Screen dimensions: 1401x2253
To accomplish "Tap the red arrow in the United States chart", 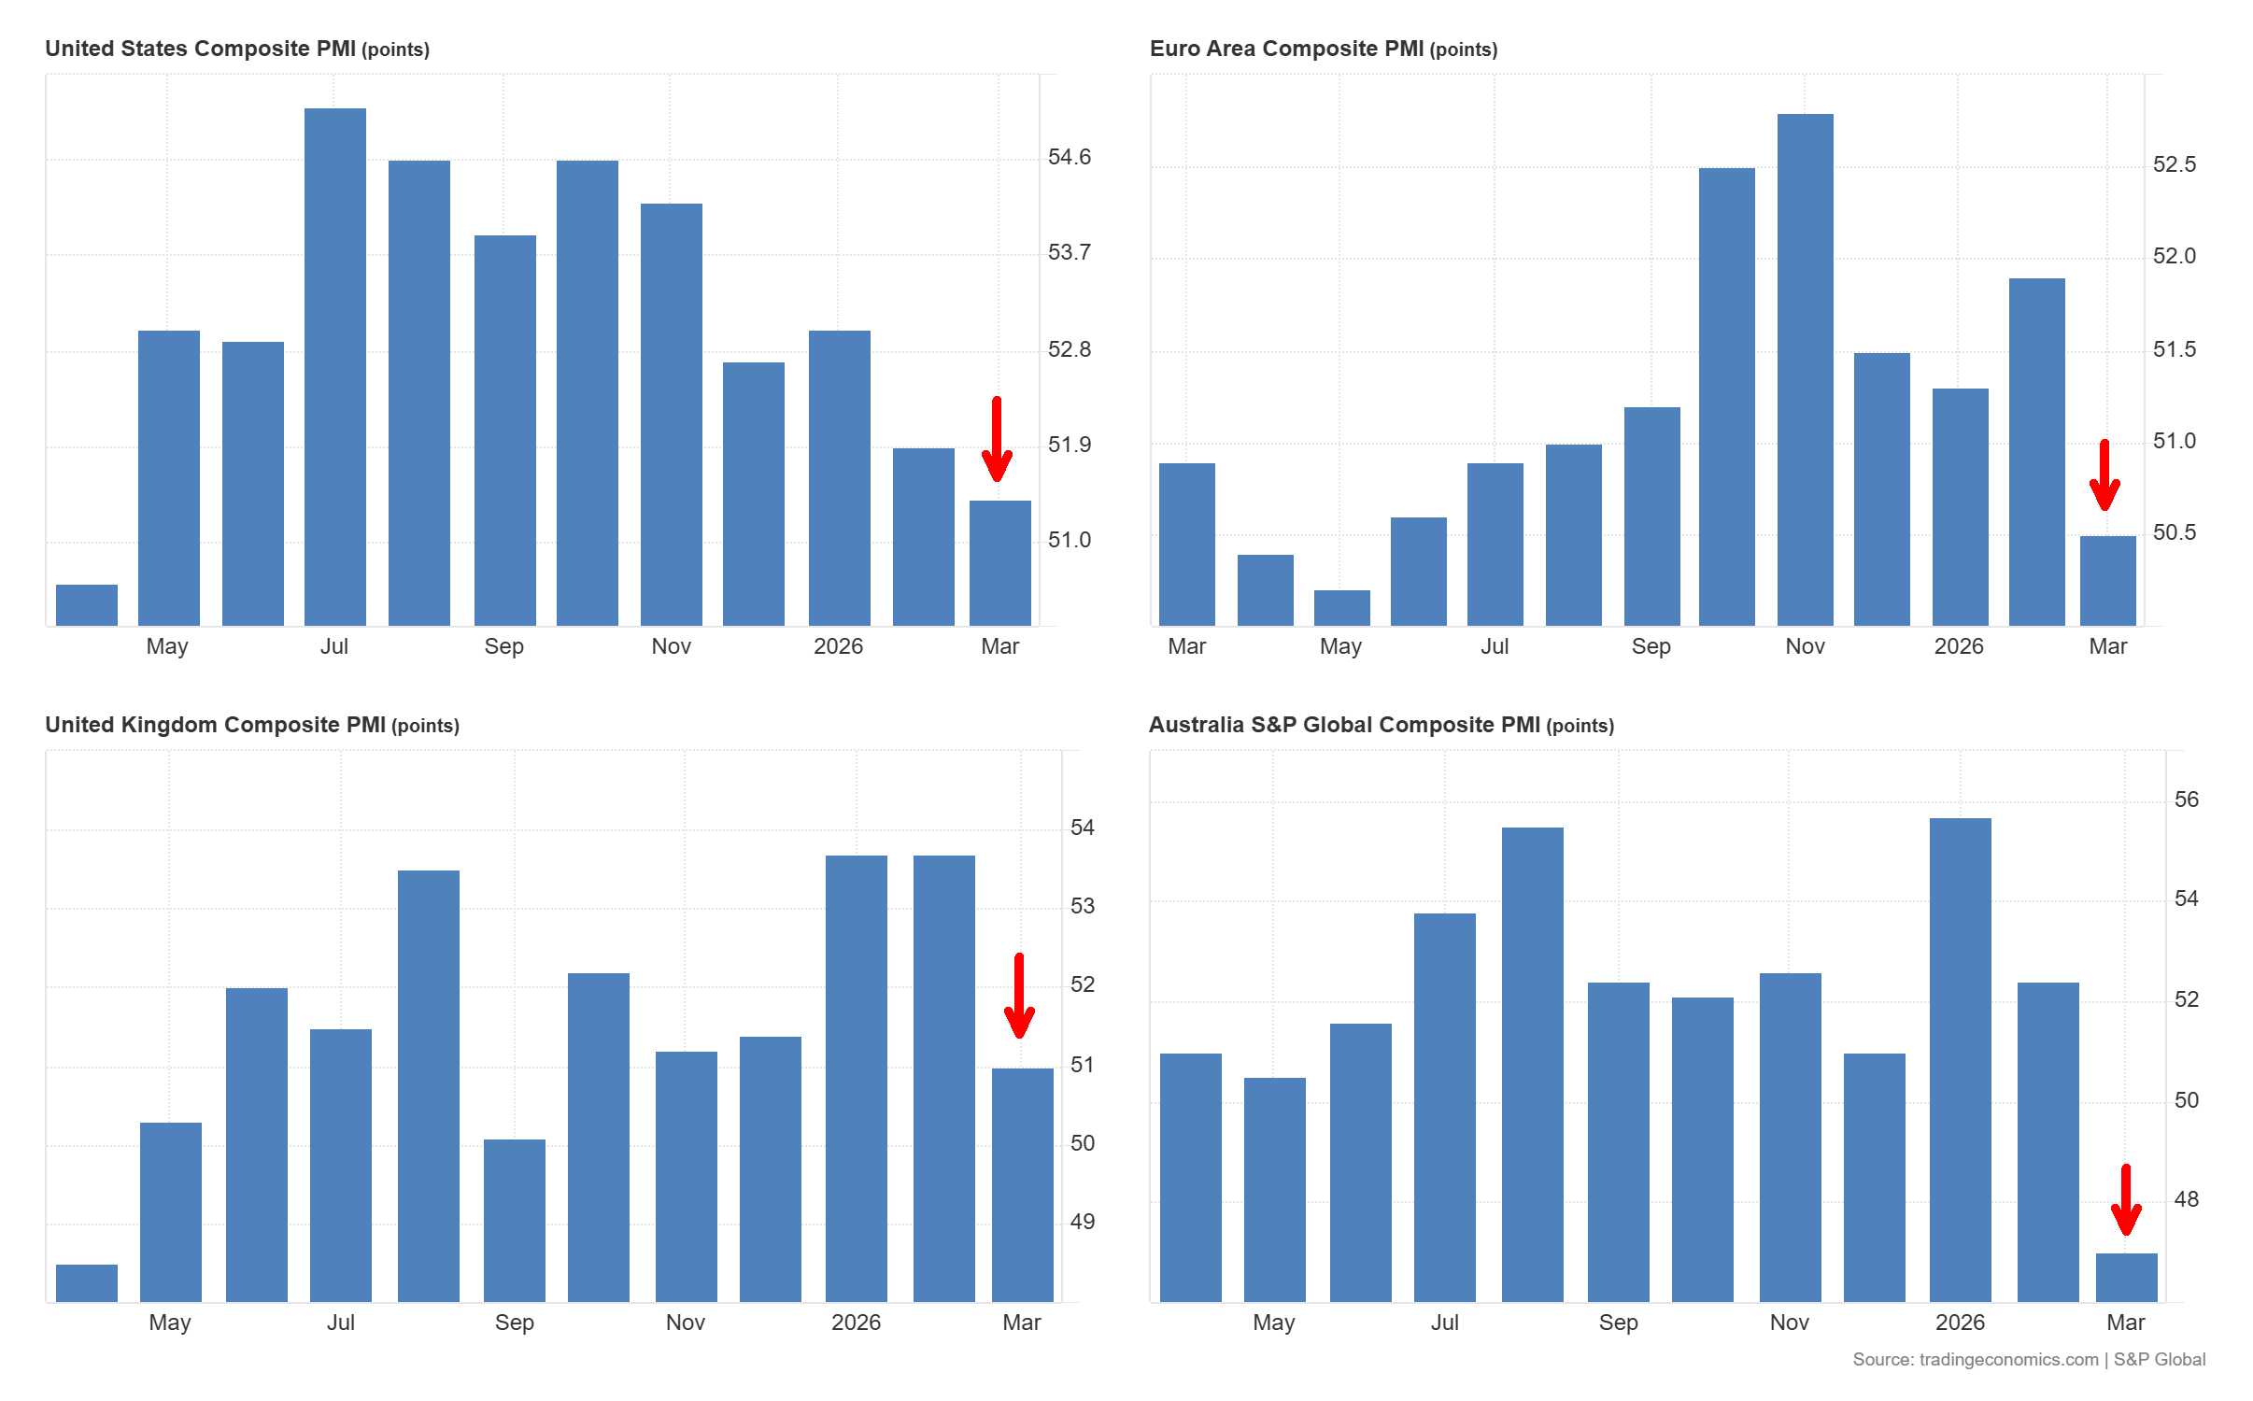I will click(997, 439).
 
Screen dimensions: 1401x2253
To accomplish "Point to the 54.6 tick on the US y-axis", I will click(1069, 157).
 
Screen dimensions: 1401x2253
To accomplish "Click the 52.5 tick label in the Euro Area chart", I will click(2174, 165).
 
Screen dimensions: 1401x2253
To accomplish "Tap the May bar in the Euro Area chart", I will click(1341, 608).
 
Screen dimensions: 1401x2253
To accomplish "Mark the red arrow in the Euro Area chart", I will click(2104, 475).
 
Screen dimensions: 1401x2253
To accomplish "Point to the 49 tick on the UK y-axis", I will click(1082, 1222).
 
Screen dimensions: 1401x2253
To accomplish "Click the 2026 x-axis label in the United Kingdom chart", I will click(856, 1323).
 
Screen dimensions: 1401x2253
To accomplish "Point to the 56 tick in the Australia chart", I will click(2186, 800).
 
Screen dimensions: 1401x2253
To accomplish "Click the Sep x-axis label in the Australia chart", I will click(1618, 1323).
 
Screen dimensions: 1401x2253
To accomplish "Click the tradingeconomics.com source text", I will click(2008, 1360).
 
